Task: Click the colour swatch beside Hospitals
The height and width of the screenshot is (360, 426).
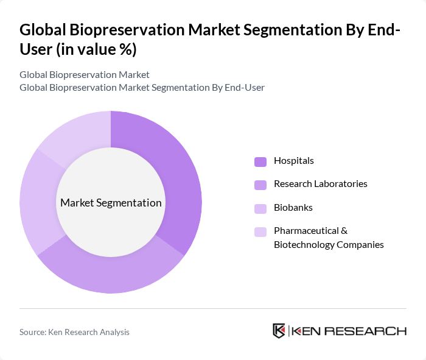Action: [260, 161]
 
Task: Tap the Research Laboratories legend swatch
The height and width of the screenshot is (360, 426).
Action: [260, 184]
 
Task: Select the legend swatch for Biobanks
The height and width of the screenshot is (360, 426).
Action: [260, 208]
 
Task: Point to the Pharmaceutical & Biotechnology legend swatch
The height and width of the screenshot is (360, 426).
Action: [260, 231]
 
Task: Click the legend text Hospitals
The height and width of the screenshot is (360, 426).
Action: [294, 161]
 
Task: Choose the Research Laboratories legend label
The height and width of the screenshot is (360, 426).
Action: [321, 183]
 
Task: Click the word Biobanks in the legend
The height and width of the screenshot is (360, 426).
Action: [293, 207]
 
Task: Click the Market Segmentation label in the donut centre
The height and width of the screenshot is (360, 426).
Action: [111, 203]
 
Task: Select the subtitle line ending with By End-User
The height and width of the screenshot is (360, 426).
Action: [142, 88]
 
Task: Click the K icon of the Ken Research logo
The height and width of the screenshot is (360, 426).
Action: [279, 331]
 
